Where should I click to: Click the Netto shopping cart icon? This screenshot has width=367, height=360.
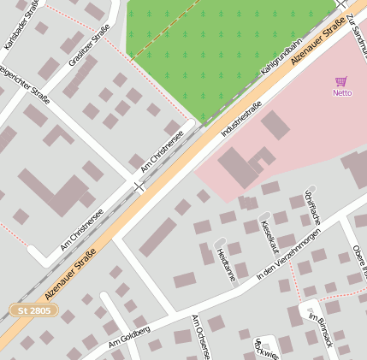coord(341,81)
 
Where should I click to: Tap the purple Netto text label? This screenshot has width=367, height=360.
coord(342,92)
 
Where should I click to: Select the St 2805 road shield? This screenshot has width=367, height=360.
coord(34,310)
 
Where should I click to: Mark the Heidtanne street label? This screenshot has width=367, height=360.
coord(226,263)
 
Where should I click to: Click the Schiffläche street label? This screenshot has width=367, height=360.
coord(312,209)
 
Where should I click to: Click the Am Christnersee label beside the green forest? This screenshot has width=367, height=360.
coord(162,147)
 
